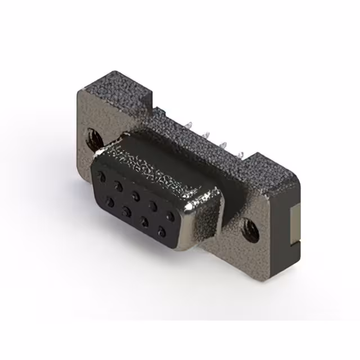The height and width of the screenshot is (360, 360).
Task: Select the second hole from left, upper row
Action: [x=119, y=186]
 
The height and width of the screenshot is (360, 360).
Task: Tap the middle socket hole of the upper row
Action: [x=137, y=194]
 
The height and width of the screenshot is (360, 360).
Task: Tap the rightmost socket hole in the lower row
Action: [x=163, y=229]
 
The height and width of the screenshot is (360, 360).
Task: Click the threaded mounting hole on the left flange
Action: [x=91, y=136]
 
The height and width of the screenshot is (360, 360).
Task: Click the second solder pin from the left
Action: [x=207, y=134]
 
